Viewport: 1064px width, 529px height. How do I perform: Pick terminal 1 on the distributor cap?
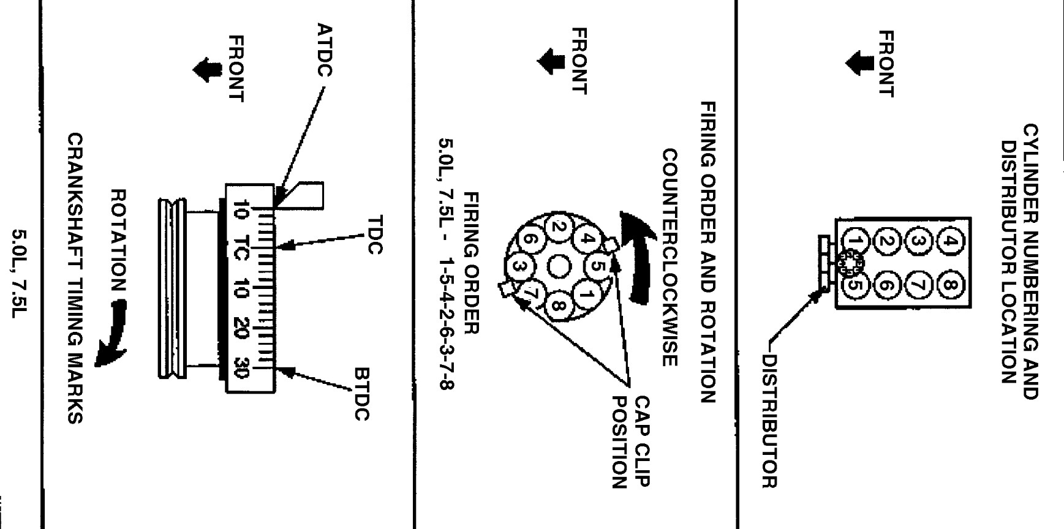click(x=586, y=296)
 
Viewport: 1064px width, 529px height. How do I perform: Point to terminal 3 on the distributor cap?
click(x=518, y=267)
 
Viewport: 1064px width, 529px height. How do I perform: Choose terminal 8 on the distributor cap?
click(x=559, y=304)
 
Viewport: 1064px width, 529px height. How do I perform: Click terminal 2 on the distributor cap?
click(x=558, y=228)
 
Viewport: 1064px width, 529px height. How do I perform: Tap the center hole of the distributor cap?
click(x=558, y=266)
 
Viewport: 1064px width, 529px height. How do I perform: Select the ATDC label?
click(x=325, y=50)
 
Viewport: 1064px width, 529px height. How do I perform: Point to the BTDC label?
click(x=362, y=394)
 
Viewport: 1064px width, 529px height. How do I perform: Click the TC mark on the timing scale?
click(x=241, y=248)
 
